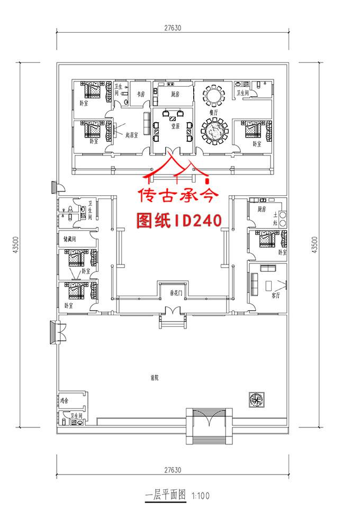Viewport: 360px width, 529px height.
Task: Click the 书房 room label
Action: click(x=140, y=94)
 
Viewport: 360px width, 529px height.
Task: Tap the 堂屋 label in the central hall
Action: click(x=174, y=126)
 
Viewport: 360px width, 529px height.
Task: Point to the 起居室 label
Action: click(x=131, y=135)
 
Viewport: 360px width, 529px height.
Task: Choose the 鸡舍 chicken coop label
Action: click(x=65, y=401)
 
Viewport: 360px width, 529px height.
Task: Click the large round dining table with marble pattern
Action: click(x=214, y=130)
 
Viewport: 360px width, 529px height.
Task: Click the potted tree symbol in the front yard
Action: click(x=256, y=400)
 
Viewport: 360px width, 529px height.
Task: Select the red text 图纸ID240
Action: click(x=178, y=220)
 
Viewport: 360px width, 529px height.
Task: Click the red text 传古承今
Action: click(x=178, y=196)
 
